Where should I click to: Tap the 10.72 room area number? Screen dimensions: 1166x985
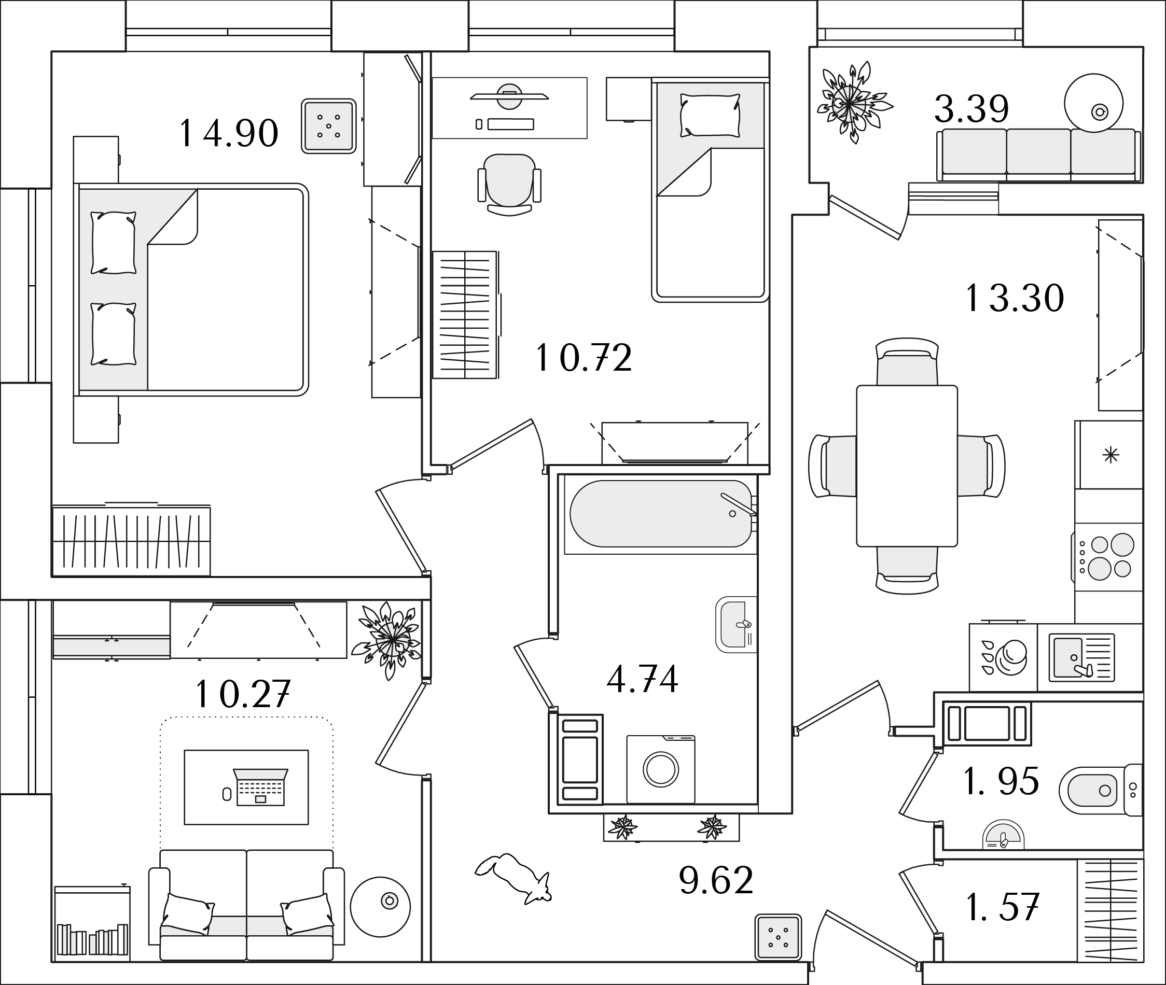coord(584,357)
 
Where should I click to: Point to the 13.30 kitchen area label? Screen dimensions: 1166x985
coord(1015,298)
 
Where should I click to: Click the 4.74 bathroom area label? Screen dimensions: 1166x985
coord(643,679)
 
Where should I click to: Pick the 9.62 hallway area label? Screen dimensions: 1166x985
coord(716,880)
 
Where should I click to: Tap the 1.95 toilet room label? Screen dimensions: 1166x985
coord(1002,781)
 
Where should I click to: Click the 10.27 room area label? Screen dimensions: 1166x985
coord(244,694)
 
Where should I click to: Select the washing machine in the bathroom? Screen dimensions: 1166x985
coord(661,769)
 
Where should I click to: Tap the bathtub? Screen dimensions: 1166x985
coord(661,514)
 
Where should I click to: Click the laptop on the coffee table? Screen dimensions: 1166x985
coord(260,787)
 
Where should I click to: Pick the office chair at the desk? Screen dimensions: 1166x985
coord(509,185)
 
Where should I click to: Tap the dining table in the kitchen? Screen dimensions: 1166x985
coord(907,466)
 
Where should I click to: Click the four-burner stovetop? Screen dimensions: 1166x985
coord(1107,557)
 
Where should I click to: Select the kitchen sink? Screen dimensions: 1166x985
coord(1081,657)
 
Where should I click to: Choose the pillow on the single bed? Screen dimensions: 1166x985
coord(710,115)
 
